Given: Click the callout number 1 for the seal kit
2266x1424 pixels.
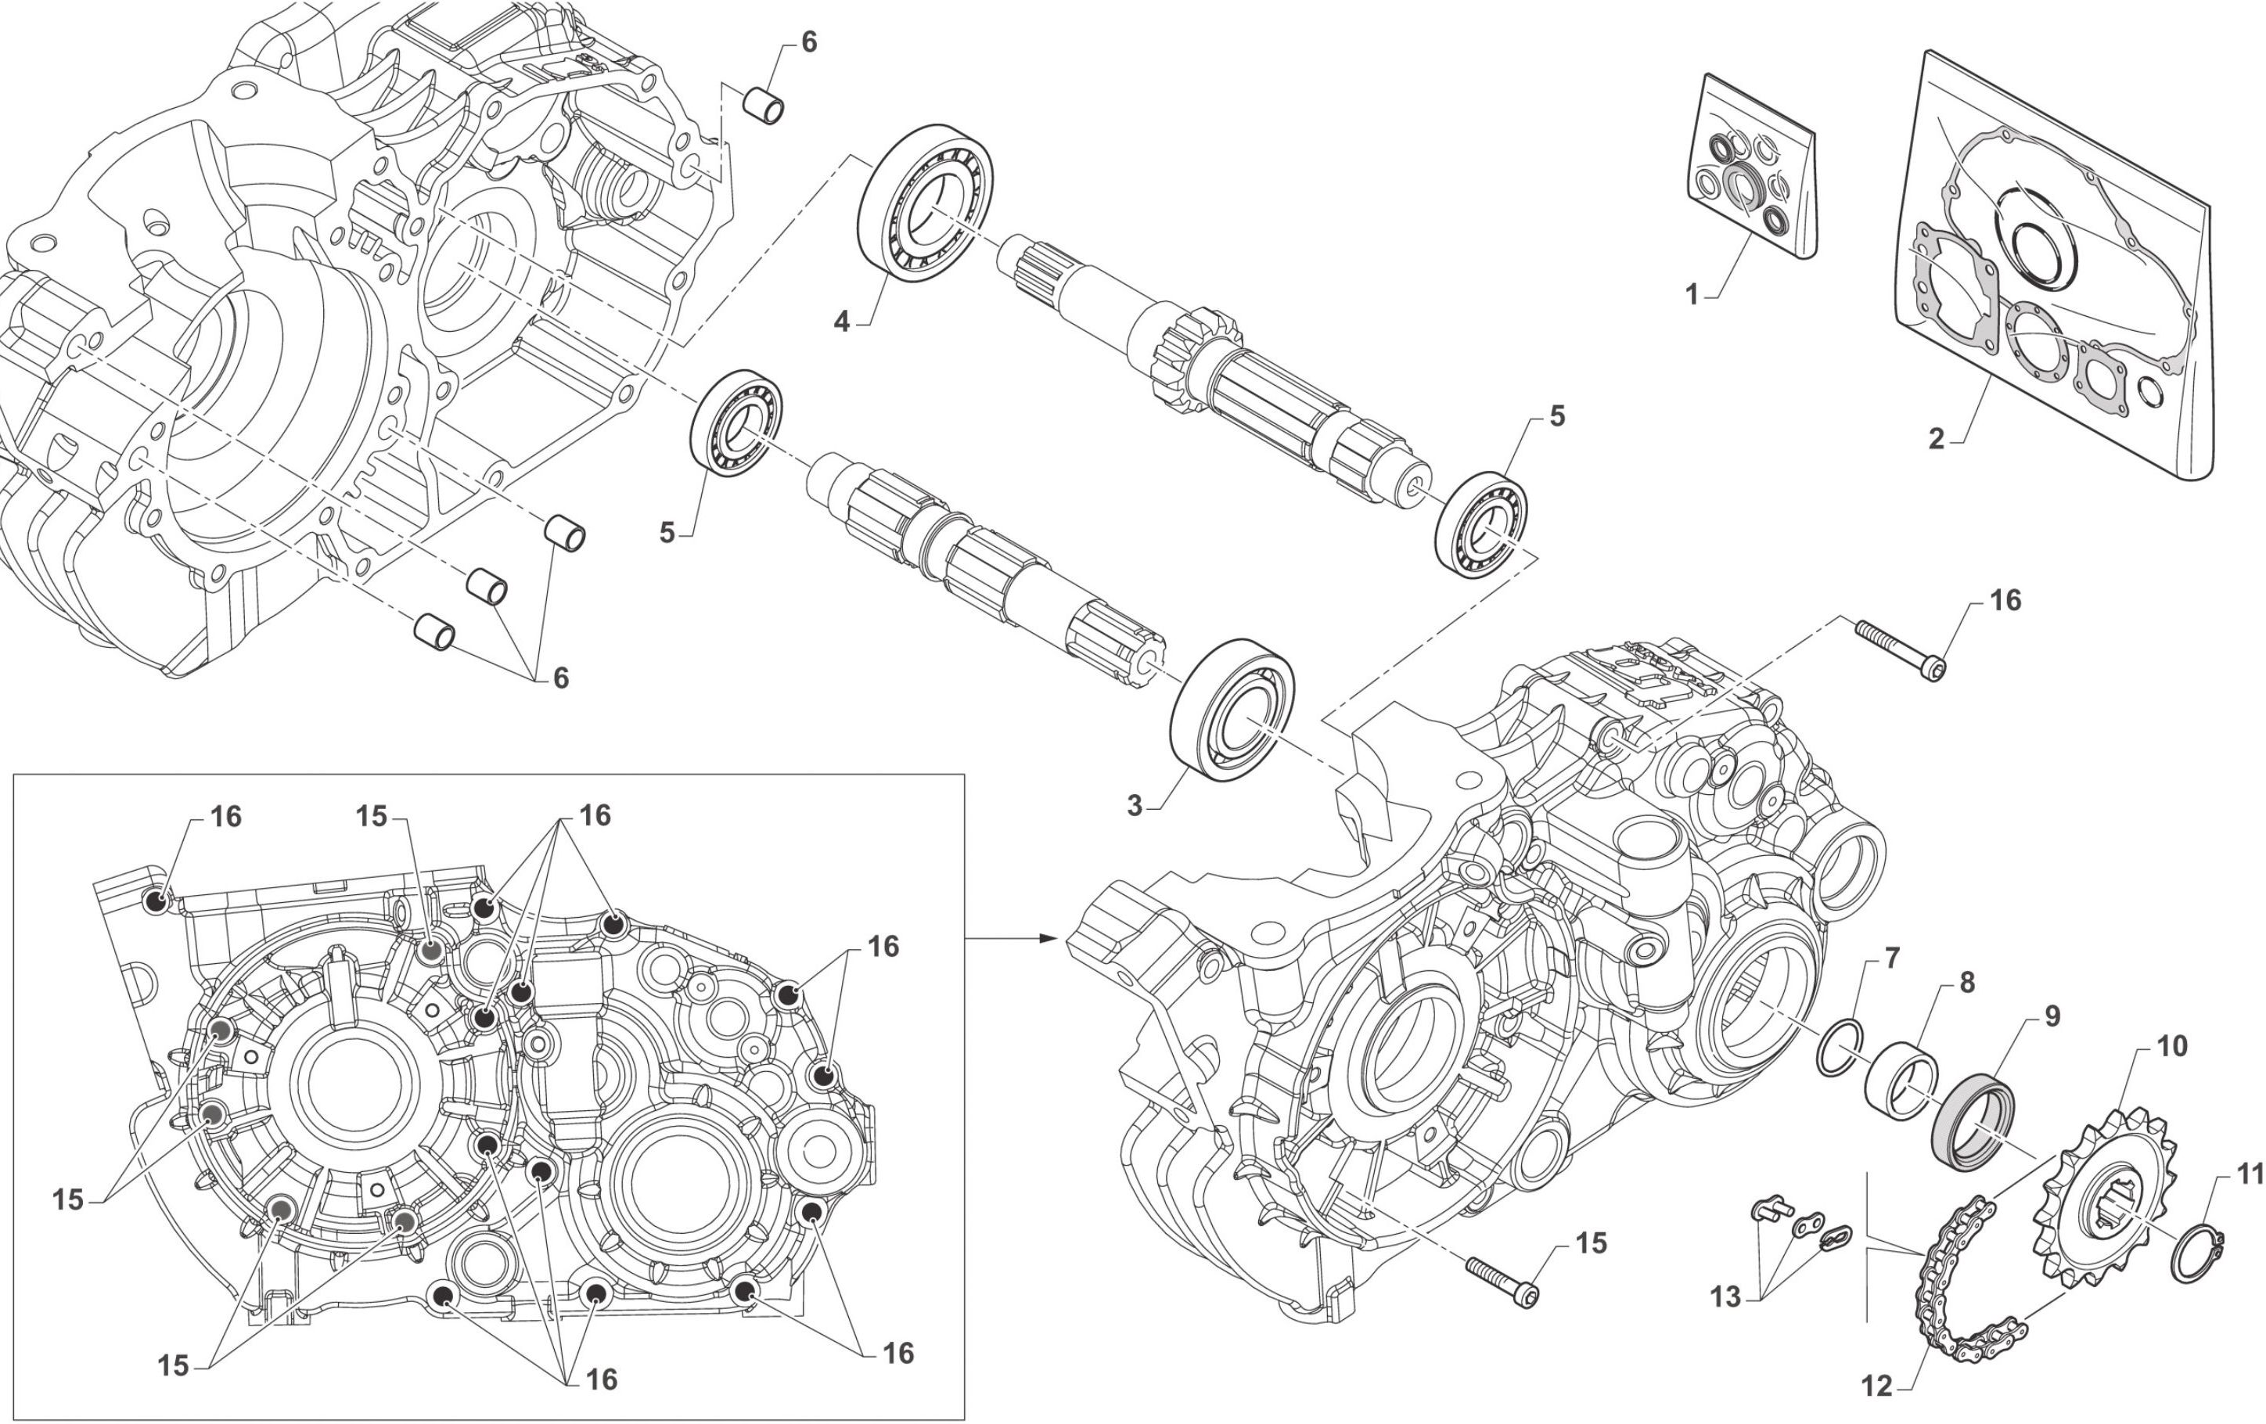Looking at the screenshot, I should click(x=1692, y=295).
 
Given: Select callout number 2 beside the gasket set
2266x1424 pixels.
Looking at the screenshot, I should click(x=1937, y=439).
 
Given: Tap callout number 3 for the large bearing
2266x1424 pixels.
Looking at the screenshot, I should click(x=1135, y=806).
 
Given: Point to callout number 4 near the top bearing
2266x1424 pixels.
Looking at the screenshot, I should click(x=842, y=322).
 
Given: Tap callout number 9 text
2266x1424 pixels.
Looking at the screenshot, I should click(x=2052, y=1016).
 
